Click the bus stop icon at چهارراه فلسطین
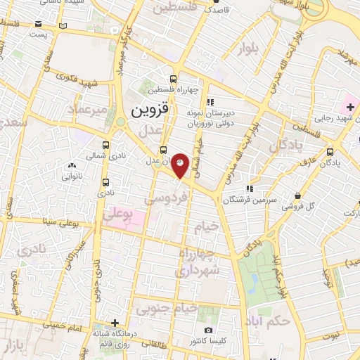click(174, 79)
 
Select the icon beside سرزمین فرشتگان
click(250, 188)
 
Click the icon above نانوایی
click(72, 166)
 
